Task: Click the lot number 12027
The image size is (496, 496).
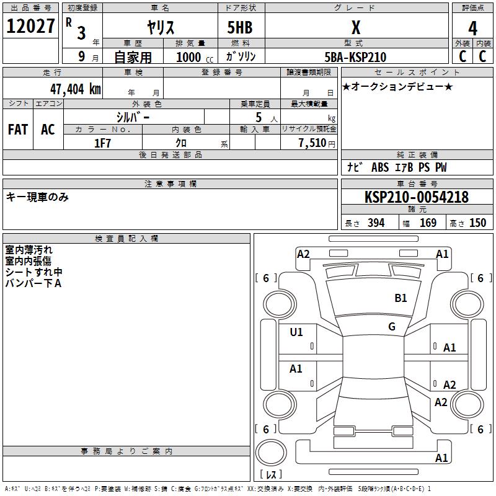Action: tap(31, 27)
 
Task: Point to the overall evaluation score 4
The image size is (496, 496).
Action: tap(472, 28)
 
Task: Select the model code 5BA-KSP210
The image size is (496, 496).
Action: tap(355, 58)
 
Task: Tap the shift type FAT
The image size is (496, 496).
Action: tap(17, 130)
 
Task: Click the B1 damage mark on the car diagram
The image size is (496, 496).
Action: tap(401, 298)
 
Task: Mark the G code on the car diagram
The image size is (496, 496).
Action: tap(392, 327)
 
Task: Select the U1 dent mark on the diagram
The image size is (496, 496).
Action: tap(296, 332)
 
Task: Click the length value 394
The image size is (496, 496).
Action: tap(376, 223)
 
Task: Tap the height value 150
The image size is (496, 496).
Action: tap(477, 223)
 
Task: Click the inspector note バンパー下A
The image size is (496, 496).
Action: tap(33, 283)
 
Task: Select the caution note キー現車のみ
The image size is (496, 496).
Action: tap(37, 197)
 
